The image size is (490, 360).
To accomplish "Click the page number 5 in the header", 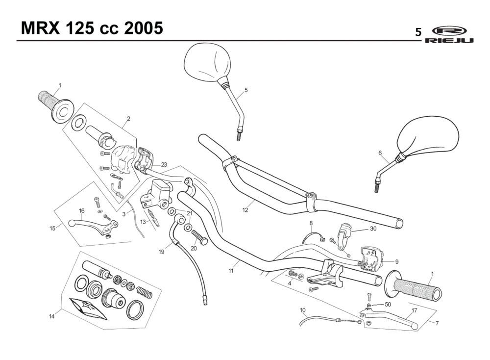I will point(418,32).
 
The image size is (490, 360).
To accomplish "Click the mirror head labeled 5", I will point(207,62).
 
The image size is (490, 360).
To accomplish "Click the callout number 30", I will point(373,229).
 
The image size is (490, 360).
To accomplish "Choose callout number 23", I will point(164,165).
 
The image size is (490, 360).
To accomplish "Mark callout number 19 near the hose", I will point(161,252).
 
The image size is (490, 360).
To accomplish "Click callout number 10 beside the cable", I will point(302,310).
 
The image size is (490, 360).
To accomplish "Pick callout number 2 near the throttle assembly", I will point(128,118).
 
